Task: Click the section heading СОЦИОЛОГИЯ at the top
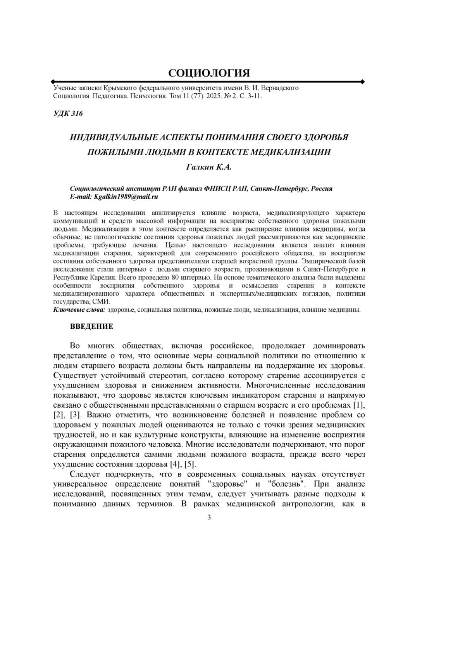(209, 73)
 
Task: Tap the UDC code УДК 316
(68, 113)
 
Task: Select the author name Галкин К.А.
(208, 167)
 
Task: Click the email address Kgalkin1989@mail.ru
(126, 197)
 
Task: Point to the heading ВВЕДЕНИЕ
(91, 326)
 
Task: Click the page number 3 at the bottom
(209, 518)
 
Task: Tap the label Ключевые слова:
(79, 310)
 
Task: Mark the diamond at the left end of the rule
(53, 82)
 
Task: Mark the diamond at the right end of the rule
(362, 82)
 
